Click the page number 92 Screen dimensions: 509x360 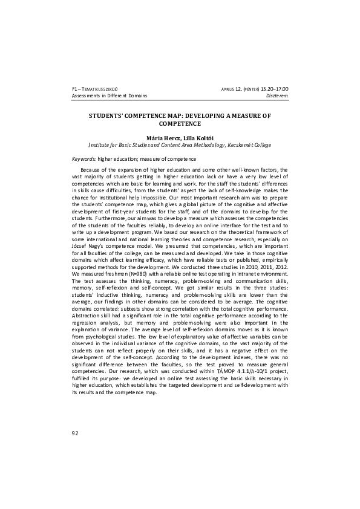(x=75, y=432)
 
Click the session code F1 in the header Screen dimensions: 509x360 (x=74, y=89)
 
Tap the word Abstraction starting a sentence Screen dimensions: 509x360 (x=85, y=317)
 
